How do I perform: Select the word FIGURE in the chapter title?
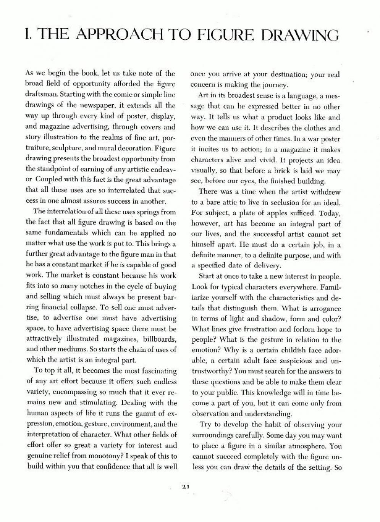click(225, 35)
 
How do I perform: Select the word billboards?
click(159, 339)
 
